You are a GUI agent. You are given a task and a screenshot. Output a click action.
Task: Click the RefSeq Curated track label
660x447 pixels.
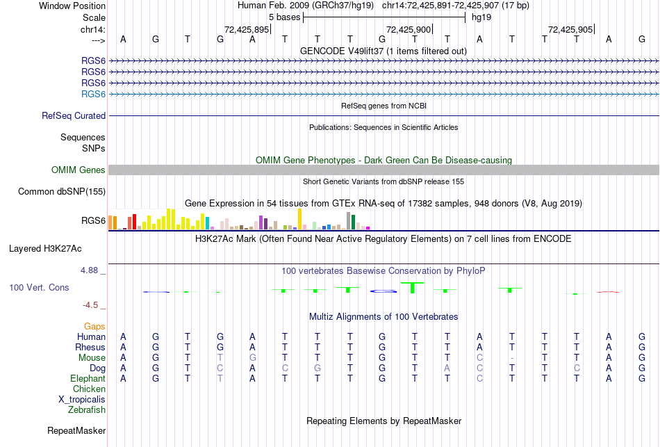74,116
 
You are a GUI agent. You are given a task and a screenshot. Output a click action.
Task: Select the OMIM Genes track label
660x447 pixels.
79,170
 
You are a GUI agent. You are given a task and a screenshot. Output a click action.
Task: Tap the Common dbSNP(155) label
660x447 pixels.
62,192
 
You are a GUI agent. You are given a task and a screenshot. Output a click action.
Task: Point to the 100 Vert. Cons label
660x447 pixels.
40,287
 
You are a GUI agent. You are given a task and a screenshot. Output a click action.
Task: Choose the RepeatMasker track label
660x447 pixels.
76,431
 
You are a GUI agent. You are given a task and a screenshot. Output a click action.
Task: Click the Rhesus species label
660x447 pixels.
90,348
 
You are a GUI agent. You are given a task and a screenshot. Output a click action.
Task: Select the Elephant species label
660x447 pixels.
88,379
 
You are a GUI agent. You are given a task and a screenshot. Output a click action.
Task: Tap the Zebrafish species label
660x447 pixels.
87,410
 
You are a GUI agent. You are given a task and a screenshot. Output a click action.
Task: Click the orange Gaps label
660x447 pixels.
94,326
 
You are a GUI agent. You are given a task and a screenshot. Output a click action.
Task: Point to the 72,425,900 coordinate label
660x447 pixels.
409,30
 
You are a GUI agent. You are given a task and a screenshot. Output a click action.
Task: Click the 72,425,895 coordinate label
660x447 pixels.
247,30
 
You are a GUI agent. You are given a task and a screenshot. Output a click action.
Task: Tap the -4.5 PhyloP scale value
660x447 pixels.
94,305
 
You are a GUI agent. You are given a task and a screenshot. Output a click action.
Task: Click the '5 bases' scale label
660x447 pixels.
284,17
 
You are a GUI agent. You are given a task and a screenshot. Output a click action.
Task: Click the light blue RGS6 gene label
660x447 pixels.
94,94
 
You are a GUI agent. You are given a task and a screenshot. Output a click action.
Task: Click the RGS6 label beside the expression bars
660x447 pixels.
94,221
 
